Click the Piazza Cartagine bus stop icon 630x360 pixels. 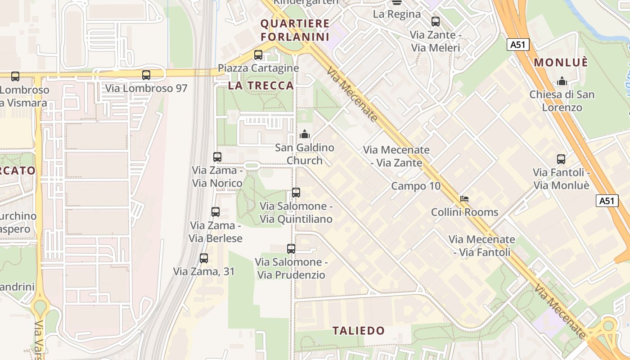click(x=258, y=55)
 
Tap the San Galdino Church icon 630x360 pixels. click(x=305, y=134)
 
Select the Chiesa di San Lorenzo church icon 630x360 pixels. click(x=562, y=81)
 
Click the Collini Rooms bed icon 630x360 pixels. click(x=464, y=199)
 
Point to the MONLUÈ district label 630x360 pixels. click(x=561, y=63)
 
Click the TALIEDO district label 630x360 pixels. click(x=359, y=331)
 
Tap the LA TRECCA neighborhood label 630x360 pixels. click(x=261, y=85)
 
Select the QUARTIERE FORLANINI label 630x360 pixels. click(x=295, y=30)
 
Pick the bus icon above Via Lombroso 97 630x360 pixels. click(x=146, y=75)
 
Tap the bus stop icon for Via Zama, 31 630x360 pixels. click(x=204, y=258)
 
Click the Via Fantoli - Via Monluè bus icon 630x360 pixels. click(x=561, y=159)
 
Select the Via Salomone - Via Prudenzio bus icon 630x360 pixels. click(x=291, y=249)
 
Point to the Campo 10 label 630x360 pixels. click(x=416, y=186)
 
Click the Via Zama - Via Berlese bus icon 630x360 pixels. click(x=216, y=212)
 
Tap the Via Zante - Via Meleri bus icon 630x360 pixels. click(x=435, y=21)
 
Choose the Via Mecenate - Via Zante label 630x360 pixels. click(x=396, y=156)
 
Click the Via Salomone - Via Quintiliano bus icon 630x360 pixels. click(x=296, y=193)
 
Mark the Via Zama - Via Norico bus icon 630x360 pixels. click(x=217, y=157)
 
